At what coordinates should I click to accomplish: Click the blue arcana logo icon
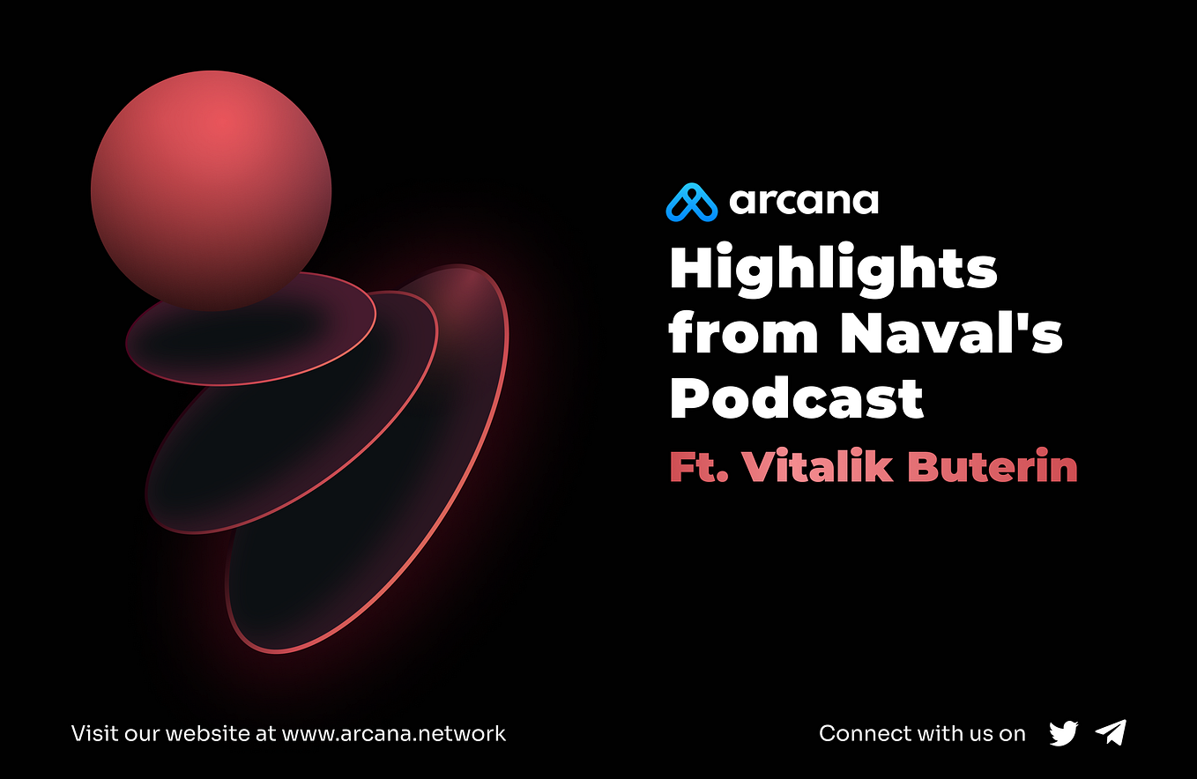(692, 202)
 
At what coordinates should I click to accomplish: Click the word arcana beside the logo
(803, 202)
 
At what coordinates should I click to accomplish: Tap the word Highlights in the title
(833, 269)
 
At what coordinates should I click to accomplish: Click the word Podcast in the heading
(796, 398)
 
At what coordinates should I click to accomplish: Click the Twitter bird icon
(1064, 733)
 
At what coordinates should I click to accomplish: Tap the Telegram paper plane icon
(1111, 732)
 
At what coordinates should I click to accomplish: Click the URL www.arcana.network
(393, 733)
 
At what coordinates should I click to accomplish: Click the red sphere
(211, 189)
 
